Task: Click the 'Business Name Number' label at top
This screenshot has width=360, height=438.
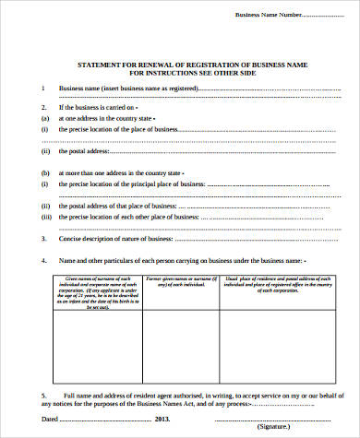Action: pyautogui.click(x=269, y=15)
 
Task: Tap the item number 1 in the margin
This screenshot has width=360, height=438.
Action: pyautogui.click(x=42, y=88)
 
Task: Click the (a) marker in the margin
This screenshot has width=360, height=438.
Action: pyautogui.click(x=43, y=119)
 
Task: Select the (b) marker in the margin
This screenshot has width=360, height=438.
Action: pyautogui.click(x=43, y=172)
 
